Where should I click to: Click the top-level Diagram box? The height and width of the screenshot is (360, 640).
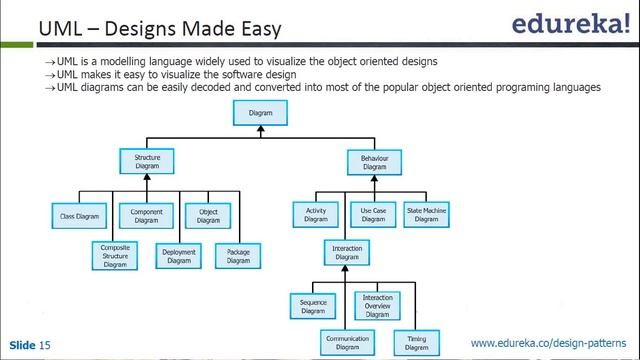(260, 114)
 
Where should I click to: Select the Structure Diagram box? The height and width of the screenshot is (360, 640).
(147, 161)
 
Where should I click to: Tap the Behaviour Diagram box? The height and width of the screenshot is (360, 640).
(374, 161)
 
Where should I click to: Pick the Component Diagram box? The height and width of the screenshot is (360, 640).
(147, 215)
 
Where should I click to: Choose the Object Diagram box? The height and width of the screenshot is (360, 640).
(208, 215)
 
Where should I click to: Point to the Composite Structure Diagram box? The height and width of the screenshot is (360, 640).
(115, 256)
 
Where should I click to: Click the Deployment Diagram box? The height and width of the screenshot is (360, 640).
(178, 256)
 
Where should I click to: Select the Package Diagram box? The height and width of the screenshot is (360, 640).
(238, 256)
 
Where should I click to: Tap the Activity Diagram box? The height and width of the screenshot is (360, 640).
(317, 214)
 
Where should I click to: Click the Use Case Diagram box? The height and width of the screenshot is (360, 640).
(373, 214)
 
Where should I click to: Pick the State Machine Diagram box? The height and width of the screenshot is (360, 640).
(426, 214)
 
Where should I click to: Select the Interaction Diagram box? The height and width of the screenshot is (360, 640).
(346, 253)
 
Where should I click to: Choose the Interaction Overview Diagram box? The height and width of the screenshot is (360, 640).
(377, 305)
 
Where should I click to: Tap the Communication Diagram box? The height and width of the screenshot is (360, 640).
(346, 343)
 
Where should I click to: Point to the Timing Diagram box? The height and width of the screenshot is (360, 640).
(416, 343)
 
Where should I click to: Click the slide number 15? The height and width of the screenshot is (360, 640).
(45, 345)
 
